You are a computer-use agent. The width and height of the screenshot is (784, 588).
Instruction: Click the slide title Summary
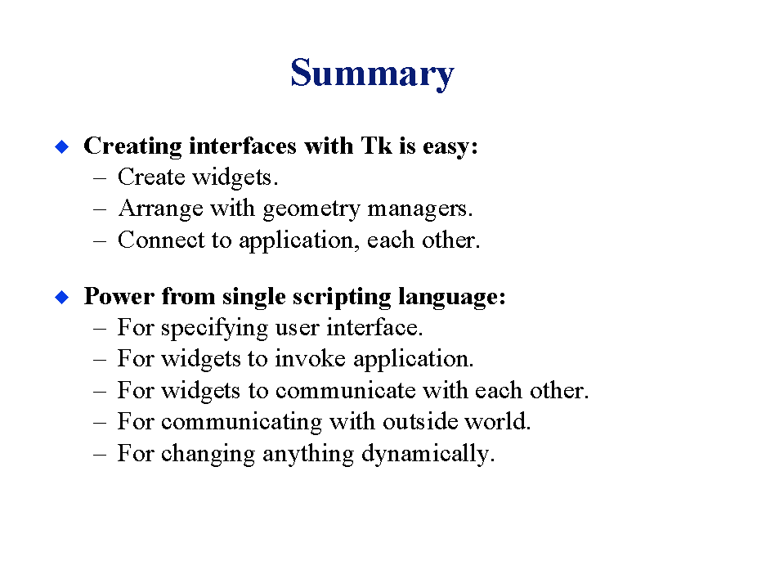tap(372, 74)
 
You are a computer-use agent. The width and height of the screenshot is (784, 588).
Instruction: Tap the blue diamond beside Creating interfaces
tap(62, 147)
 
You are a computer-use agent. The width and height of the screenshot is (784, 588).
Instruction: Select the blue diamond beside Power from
tap(62, 297)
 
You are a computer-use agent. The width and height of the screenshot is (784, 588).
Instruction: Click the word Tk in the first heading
tap(376, 146)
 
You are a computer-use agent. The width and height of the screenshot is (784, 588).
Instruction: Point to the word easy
tap(450, 147)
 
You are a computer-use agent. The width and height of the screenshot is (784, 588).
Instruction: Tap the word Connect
tap(161, 240)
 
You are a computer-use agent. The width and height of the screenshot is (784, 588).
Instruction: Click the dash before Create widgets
tap(100, 178)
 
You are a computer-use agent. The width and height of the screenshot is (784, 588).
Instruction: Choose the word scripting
tap(342, 298)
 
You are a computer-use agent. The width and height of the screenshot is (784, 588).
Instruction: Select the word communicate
tap(345, 390)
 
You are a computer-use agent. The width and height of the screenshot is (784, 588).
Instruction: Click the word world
tap(498, 421)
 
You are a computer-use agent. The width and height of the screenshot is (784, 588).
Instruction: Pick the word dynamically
tap(428, 454)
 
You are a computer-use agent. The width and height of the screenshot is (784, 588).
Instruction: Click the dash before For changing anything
tap(100, 455)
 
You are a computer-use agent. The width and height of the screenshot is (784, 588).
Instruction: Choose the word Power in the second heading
tap(119, 296)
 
